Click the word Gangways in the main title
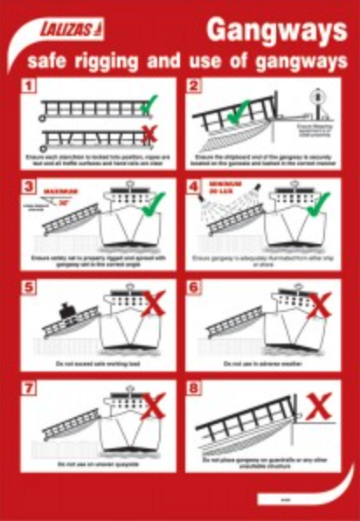pyautogui.click(x=276, y=31)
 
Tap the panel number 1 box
pyautogui.click(x=29, y=87)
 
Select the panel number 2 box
pyautogui.click(x=194, y=87)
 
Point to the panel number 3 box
pyautogui.click(x=29, y=186)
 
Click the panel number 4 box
pyautogui.click(x=194, y=186)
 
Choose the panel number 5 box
pyautogui.click(x=29, y=286)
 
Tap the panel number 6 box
pyautogui.click(x=194, y=286)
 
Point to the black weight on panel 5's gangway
pyautogui.click(x=65, y=309)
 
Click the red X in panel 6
pyautogui.click(x=322, y=306)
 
